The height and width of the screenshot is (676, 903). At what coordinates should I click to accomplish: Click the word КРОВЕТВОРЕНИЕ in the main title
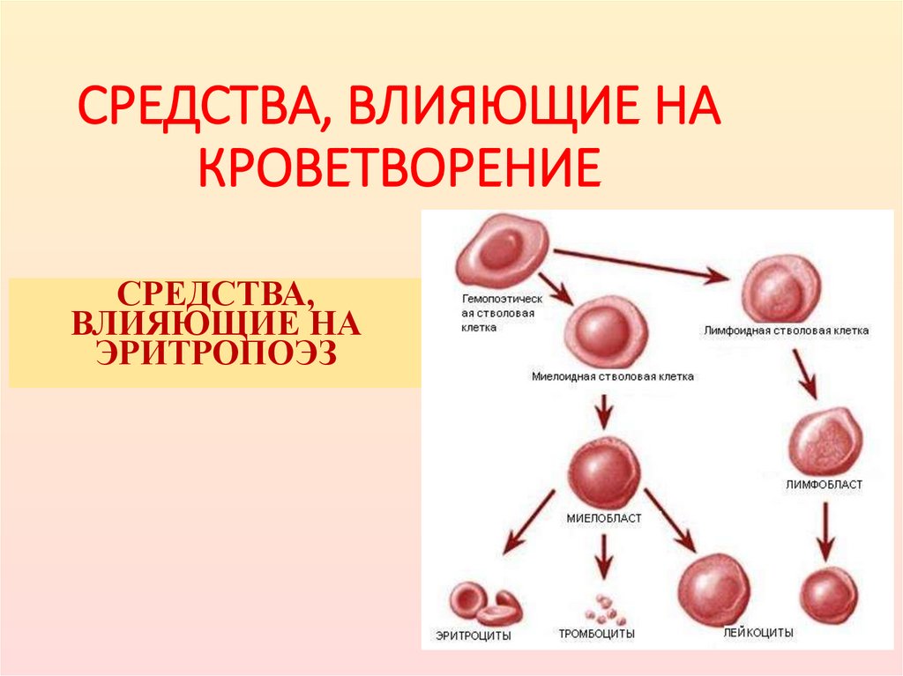pos(399,170)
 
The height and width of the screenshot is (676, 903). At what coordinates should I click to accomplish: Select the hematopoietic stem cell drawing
pos(502,251)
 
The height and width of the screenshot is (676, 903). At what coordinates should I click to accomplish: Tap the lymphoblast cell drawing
pos(823,442)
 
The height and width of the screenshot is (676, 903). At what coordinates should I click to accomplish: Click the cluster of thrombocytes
pos(604,608)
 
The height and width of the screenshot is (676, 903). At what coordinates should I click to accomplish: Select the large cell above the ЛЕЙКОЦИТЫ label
pos(714,589)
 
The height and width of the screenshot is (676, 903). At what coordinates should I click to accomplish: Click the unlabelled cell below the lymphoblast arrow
pos(827,595)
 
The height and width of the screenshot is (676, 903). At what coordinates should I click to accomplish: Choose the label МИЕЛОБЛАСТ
pos(604,518)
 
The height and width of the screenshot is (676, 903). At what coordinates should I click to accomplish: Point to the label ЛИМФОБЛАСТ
pos(825,485)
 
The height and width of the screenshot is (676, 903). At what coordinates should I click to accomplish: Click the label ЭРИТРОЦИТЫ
pos(474,634)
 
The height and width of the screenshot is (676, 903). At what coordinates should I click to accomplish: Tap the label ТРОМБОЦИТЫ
pos(596,634)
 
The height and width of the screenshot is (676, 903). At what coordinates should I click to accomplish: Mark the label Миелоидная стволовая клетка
pos(612,376)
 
